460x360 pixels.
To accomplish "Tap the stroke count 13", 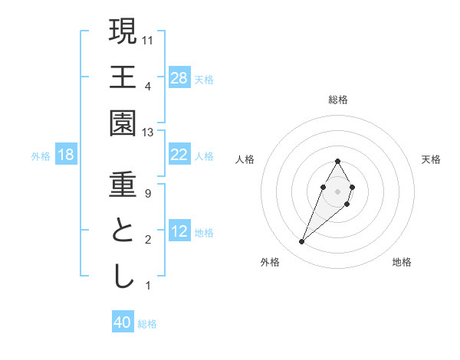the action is point(149,133).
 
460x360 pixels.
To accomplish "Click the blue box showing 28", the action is point(179,78).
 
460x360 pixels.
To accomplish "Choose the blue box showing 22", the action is point(179,155).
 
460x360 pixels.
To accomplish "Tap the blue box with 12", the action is point(179,231).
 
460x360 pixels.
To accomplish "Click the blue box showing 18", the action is point(66,155).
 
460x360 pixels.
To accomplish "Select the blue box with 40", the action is point(123,322).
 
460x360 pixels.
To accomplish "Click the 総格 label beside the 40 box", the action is point(148,324).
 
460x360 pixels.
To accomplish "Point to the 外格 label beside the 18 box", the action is point(41,156).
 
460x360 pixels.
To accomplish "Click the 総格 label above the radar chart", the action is point(338,100).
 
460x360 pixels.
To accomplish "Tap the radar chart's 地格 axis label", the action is point(402,262).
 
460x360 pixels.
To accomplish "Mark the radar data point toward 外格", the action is point(302,241).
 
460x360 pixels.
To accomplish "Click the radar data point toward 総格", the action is point(337,161).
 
